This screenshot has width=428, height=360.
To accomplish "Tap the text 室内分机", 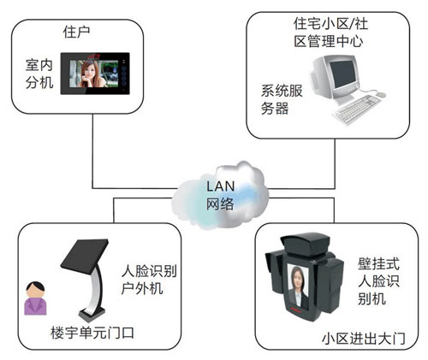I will pyautogui.click(x=39, y=74).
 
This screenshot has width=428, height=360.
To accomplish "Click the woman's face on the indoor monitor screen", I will pyautogui.click(x=92, y=76).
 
